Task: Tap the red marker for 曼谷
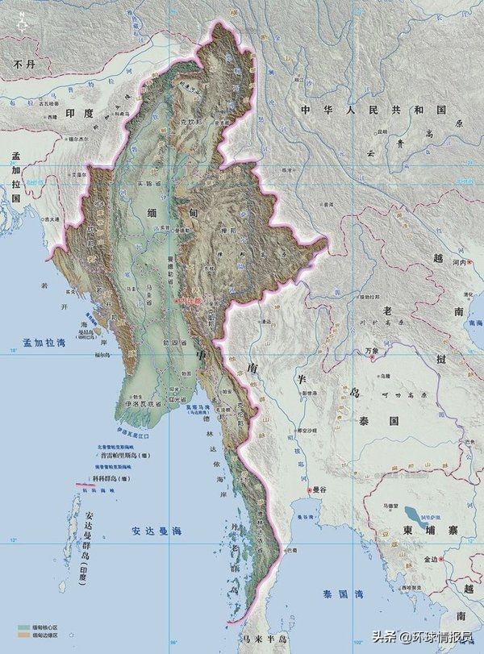309,489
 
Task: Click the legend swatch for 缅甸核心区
23,625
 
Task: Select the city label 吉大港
52,219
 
